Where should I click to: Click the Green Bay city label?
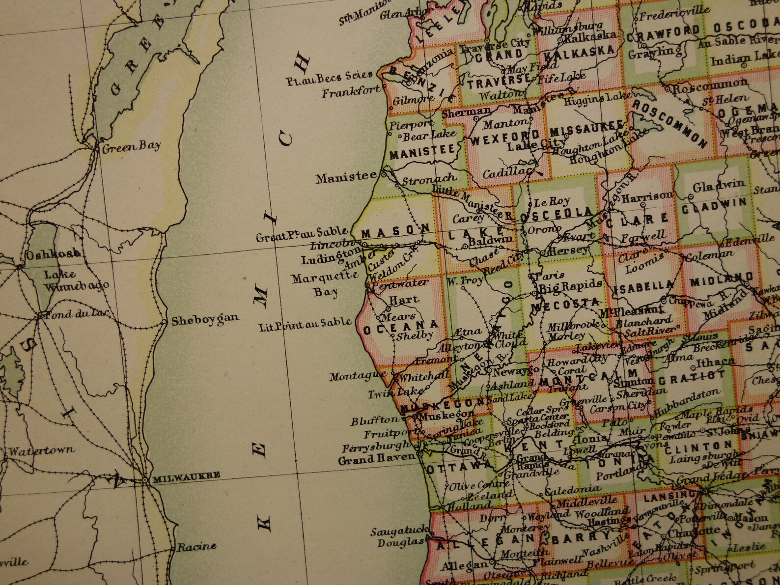(131, 146)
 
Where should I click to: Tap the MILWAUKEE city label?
(186, 475)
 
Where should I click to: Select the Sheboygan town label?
(205, 320)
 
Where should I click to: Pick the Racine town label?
(196, 546)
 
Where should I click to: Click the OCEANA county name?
(401, 328)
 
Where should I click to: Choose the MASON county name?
(396, 230)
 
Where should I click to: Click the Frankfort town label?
(351, 91)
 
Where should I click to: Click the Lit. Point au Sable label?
(306, 324)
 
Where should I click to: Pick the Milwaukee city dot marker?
(145, 479)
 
